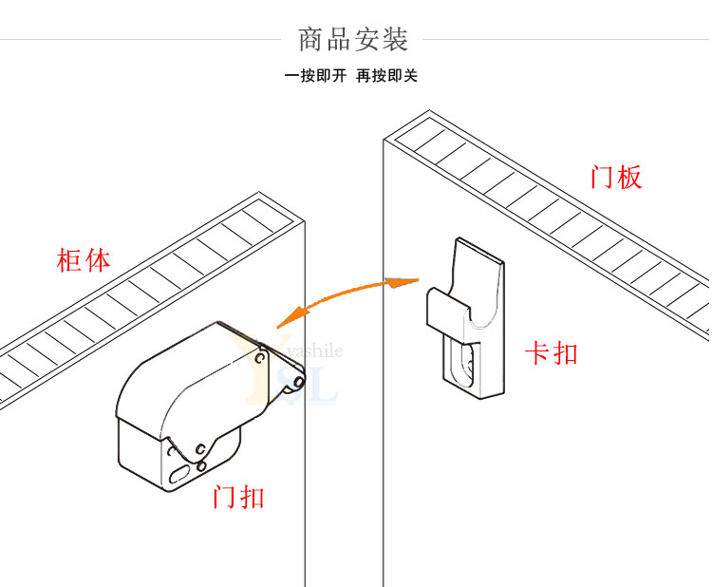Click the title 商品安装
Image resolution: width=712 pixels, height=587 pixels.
[353, 40]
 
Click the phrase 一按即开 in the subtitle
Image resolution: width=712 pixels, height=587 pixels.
[315, 76]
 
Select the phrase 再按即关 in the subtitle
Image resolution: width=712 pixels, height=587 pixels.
[386, 76]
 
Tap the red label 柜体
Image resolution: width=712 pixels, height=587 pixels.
[84, 261]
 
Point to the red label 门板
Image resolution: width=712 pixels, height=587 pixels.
[616, 178]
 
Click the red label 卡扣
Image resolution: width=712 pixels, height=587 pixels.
[552, 353]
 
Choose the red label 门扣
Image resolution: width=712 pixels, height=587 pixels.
[239, 497]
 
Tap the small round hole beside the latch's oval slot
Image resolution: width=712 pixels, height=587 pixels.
[201, 465]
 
